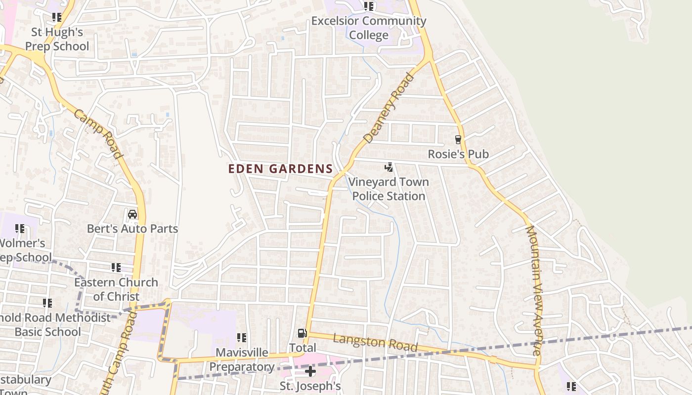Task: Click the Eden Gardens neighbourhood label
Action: tap(280, 169)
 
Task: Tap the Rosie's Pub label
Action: tap(458, 154)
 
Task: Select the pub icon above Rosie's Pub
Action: tap(458, 140)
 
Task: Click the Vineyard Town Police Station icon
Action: tap(389, 167)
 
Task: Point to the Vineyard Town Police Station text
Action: tap(389, 189)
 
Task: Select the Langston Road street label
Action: tap(375, 342)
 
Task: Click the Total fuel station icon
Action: tap(302, 334)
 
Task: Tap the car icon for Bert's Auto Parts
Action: tap(132, 214)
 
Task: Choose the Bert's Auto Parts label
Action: tap(132, 229)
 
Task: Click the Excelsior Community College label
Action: tap(369, 28)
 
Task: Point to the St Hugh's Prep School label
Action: tap(57, 39)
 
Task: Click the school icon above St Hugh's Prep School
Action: tap(57, 17)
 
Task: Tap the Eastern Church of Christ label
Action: tap(116, 289)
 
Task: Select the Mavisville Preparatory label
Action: tap(242, 360)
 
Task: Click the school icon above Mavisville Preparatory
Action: tap(242, 338)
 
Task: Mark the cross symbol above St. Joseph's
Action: tap(310, 371)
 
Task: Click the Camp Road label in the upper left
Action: tap(98, 134)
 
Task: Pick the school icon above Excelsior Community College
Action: tap(369, 6)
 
